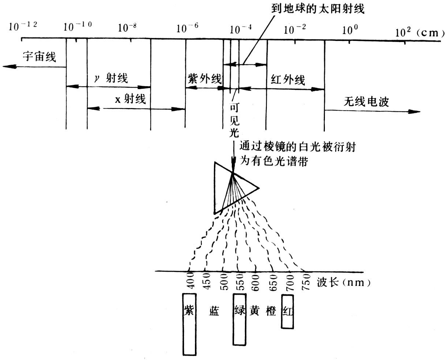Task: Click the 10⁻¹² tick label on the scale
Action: [x=23, y=26]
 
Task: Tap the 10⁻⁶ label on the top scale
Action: [x=187, y=28]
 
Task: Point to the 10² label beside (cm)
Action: [x=403, y=32]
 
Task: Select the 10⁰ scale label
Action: [x=350, y=30]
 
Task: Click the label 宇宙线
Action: [x=39, y=57]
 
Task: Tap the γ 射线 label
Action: [x=111, y=78]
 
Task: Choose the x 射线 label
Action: [x=130, y=99]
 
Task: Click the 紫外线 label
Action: [x=204, y=78]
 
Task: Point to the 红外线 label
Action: [x=288, y=80]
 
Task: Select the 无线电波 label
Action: [x=366, y=102]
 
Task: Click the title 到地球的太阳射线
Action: [x=318, y=9]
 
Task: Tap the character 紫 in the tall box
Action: [x=189, y=310]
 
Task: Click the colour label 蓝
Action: [x=214, y=311]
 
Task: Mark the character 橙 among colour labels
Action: [x=271, y=311]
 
